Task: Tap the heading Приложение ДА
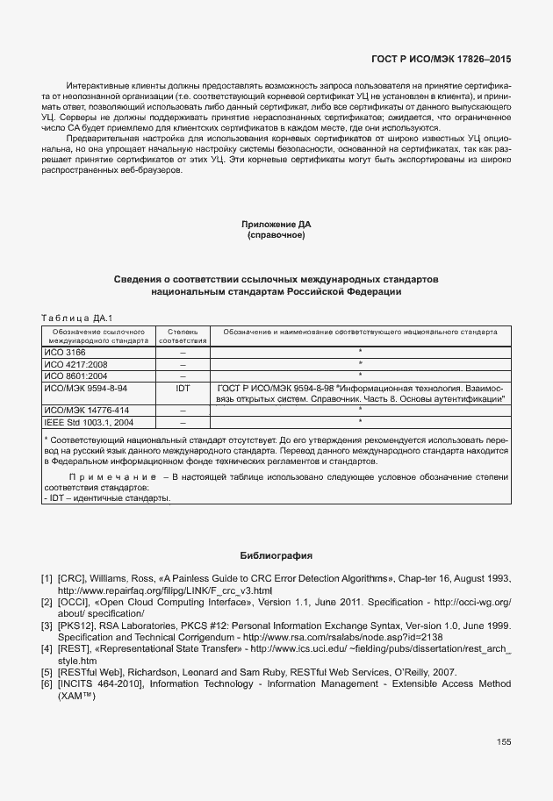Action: coord(276,225)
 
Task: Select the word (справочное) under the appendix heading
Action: coord(276,236)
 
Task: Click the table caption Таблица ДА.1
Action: coord(78,317)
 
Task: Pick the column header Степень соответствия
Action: coord(183,336)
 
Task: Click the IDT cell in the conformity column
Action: coord(183,387)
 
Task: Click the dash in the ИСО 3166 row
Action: coord(183,352)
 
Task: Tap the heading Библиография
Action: coord(276,556)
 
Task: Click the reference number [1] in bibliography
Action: coord(47,579)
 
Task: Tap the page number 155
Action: coord(503,742)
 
